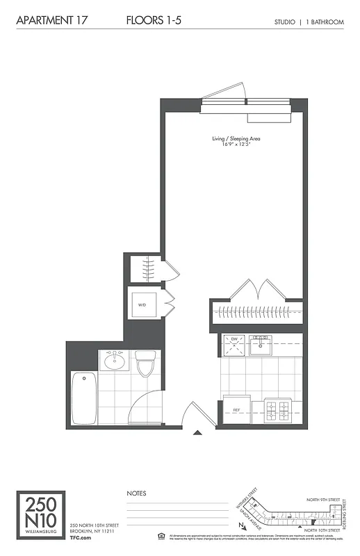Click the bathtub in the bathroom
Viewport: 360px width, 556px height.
83,398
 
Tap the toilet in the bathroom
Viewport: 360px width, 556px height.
145,363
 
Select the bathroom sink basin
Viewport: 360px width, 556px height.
113,361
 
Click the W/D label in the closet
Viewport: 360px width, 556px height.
142,305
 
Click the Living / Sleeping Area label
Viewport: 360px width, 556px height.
236,139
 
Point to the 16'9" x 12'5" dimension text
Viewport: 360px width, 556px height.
236,145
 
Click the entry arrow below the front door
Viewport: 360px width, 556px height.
197,434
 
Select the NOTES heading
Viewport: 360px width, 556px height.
137,493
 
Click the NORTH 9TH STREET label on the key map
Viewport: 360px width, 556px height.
325,499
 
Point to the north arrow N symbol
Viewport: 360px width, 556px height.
240,526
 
